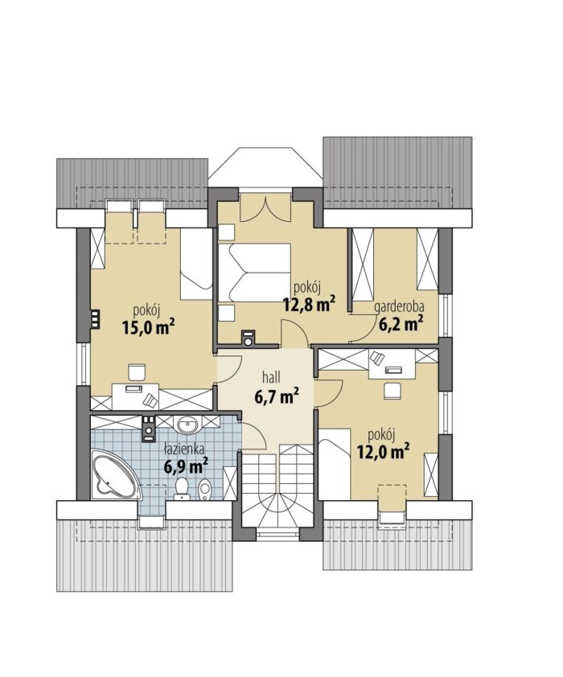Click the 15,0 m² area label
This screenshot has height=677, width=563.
148,328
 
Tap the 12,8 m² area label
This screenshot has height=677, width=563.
309,305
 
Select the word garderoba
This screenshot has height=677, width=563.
399,307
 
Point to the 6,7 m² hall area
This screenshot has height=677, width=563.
277,396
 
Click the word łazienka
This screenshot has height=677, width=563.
184,449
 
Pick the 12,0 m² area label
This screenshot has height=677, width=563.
383,452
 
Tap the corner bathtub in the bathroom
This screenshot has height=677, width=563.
115,474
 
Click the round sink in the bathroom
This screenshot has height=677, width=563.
188,425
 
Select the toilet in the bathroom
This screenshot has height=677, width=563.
183,489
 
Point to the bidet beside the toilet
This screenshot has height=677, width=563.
204,489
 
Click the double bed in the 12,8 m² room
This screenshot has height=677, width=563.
254,273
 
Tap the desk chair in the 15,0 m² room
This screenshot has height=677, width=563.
137,372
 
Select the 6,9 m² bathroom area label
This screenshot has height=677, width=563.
186,466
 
